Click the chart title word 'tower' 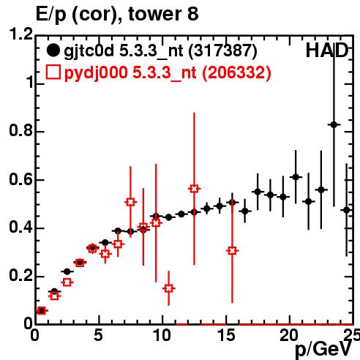click(x=155, y=14)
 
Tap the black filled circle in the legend click(x=53, y=50)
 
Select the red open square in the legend click(x=53, y=72)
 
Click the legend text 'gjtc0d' click(x=89, y=51)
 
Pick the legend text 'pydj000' click(x=96, y=73)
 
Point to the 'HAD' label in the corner click(x=327, y=50)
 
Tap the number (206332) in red click(x=236, y=73)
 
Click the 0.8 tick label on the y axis click(x=20, y=130)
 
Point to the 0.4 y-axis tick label click(x=20, y=228)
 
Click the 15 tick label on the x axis click(x=226, y=335)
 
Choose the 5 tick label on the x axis click(x=98, y=335)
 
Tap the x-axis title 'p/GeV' click(x=323, y=350)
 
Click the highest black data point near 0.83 click(x=334, y=125)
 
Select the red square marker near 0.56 click(x=194, y=189)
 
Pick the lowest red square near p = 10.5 click(x=169, y=288)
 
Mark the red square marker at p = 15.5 click(x=233, y=251)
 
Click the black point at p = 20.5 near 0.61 click(x=296, y=177)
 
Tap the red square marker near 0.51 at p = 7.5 click(x=130, y=202)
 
